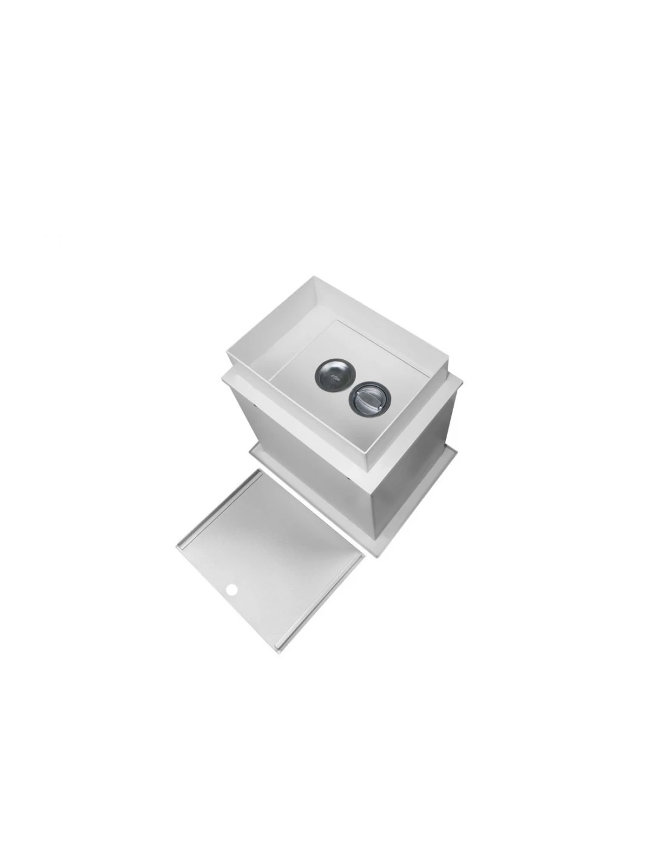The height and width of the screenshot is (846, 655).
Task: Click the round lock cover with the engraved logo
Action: [x=329, y=374]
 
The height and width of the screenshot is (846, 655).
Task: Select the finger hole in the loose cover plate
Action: [x=232, y=590]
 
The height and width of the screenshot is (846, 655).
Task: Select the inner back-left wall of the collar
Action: [x=268, y=321]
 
